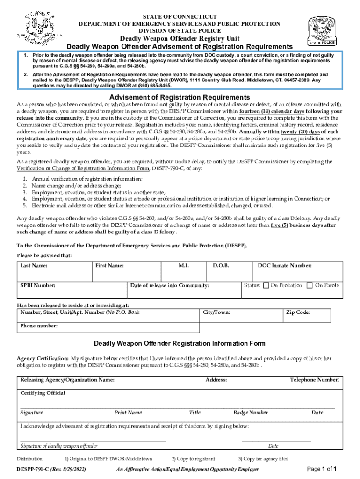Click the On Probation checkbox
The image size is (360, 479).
tap(266, 285)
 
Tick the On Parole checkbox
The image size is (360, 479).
tap(309, 285)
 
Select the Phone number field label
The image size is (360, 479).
tap(39, 326)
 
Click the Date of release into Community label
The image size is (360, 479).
tap(170, 285)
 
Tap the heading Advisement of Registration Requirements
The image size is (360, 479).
tap(180, 97)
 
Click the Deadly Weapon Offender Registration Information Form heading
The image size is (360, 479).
tap(180, 343)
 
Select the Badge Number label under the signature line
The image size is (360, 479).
tap(251, 413)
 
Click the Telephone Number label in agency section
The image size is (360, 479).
tap(315, 380)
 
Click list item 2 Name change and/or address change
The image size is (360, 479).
tap(72, 186)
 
